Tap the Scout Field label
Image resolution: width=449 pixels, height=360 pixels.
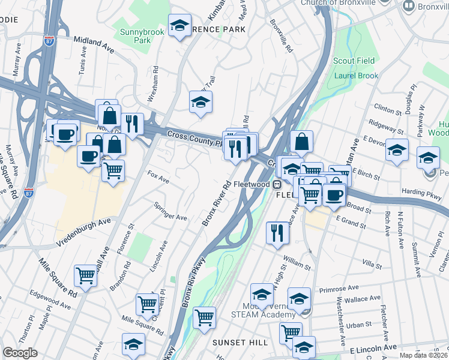click(354, 61)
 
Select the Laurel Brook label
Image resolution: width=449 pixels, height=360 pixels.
click(356, 76)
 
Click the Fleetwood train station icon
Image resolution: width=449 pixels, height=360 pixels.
click(277, 184)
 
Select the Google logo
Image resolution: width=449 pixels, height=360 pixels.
click(20, 353)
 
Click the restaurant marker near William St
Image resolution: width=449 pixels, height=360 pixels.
click(277, 232)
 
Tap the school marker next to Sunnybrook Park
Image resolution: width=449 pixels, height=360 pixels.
click(179, 26)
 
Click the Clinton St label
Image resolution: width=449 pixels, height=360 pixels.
click(387, 109)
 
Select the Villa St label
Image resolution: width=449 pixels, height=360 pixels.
click(373, 262)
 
